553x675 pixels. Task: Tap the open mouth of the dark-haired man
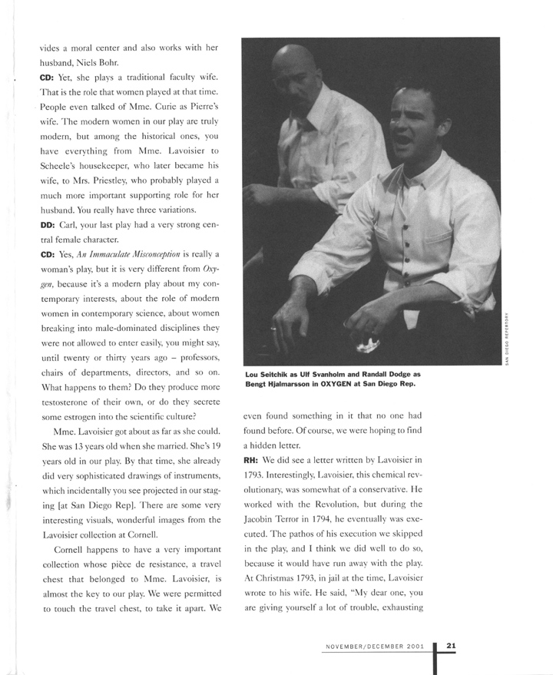(x=401, y=136)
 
